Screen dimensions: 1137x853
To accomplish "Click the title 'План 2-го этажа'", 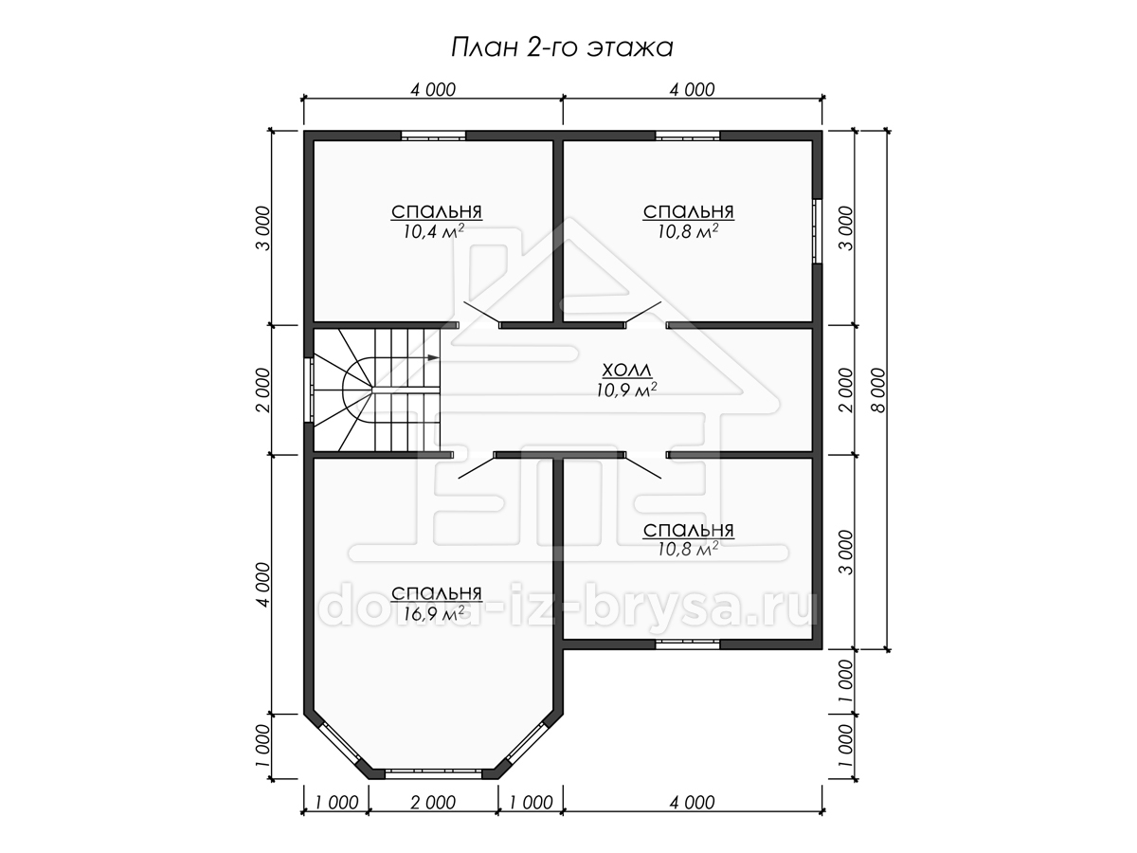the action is (x=562, y=47).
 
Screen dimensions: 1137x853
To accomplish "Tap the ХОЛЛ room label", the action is (x=627, y=371).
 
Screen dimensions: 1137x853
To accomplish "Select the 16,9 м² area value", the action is (x=434, y=614).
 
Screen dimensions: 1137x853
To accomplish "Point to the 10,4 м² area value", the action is (x=434, y=231).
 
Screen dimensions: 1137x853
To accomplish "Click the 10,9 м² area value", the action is (x=627, y=390).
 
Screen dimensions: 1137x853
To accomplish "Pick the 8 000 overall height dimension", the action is (x=879, y=390).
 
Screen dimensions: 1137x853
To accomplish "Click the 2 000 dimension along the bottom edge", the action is (x=433, y=803).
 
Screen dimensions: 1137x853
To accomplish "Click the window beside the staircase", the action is (x=309, y=390).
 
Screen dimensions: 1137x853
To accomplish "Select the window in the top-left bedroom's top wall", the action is (x=434, y=136).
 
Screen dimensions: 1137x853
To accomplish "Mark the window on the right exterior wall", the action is (x=817, y=231).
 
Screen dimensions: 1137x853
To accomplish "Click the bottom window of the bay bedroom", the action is (x=434, y=789).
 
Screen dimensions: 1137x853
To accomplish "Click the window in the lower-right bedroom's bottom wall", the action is (x=687, y=644).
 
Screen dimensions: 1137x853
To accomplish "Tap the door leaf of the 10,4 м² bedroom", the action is (x=481, y=313).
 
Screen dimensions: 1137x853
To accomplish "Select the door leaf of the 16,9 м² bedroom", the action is (x=477, y=466).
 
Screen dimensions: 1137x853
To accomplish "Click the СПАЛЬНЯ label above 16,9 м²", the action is (x=437, y=593).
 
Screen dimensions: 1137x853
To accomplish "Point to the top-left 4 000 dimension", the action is (x=433, y=90).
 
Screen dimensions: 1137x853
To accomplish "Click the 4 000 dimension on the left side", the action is (x=263, y=584).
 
